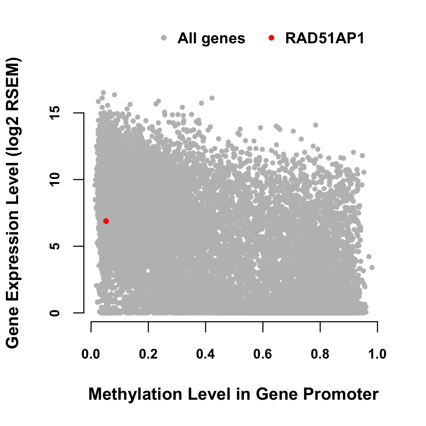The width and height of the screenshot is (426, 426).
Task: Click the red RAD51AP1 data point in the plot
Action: coord(106,221)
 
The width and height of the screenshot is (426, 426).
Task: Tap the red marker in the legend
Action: coord(271,38)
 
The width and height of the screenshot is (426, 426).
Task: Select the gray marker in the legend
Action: coord(164,38)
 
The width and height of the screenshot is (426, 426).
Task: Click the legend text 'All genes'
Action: coord(211,39)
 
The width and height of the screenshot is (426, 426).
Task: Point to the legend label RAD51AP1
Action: coord(324,38)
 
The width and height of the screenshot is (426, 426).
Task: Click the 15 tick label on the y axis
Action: coord(55,113)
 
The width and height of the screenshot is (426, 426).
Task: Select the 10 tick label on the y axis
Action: coord(55,180)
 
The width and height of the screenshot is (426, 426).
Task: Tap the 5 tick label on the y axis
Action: coord(55,246)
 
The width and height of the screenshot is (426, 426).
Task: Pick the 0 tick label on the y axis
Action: coord(55,313)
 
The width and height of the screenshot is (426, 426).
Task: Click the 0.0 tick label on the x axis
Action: coord(91,354)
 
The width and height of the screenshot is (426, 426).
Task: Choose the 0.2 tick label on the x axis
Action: coord(148,354)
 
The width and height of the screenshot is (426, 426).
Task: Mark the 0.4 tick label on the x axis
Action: coord(206,354)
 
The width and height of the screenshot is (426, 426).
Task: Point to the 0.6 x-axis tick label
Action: coord(263,354)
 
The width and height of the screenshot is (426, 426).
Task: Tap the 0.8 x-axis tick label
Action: coord(320,354)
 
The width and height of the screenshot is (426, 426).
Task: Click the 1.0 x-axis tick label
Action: coord(377,354)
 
